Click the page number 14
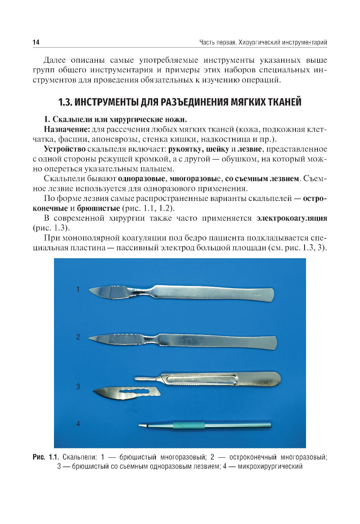(x=36, y=42)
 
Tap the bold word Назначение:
(x=67, y=129)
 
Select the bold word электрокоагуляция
(x=292, y=218)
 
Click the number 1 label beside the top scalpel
(x=78, y=289)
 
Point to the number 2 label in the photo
(x=78, y=337)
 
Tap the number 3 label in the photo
(x=78, y=386)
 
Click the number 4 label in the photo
(x=78, y=424)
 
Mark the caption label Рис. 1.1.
(x=45, y=457)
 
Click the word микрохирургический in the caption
(x=270, y=466)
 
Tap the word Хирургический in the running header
(x=259, y=42)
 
